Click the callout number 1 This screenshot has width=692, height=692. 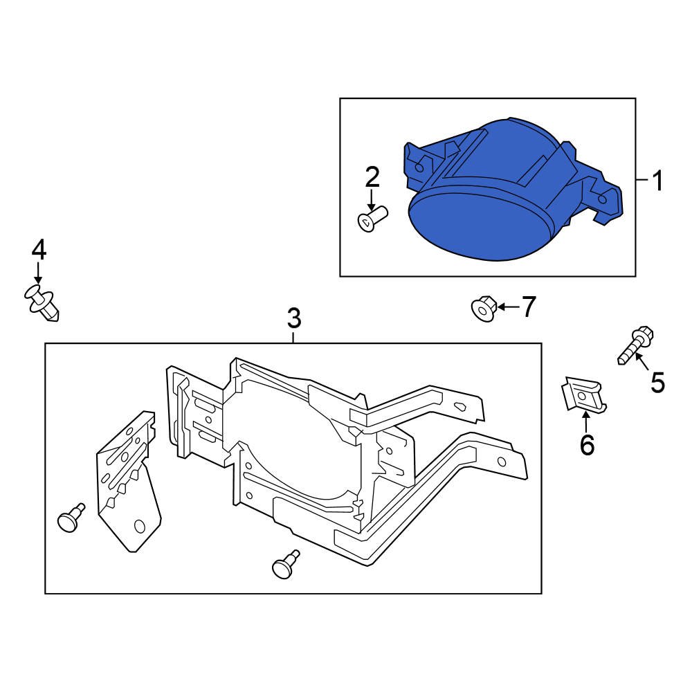pos(656,181)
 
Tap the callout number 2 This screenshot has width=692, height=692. pos(372,178)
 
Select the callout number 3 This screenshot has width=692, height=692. pos(294,319)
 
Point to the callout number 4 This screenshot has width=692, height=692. pos(38,249)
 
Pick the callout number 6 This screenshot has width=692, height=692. pos(587,445)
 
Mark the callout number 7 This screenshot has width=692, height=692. pos(529,307)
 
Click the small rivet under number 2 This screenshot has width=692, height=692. pos(372,220)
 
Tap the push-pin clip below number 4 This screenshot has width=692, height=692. pos(44,303)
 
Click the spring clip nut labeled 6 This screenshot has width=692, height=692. pos(583,395)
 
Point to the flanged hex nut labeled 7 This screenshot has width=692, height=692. pos(483,309)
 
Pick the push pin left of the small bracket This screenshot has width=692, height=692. pos(70,519)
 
